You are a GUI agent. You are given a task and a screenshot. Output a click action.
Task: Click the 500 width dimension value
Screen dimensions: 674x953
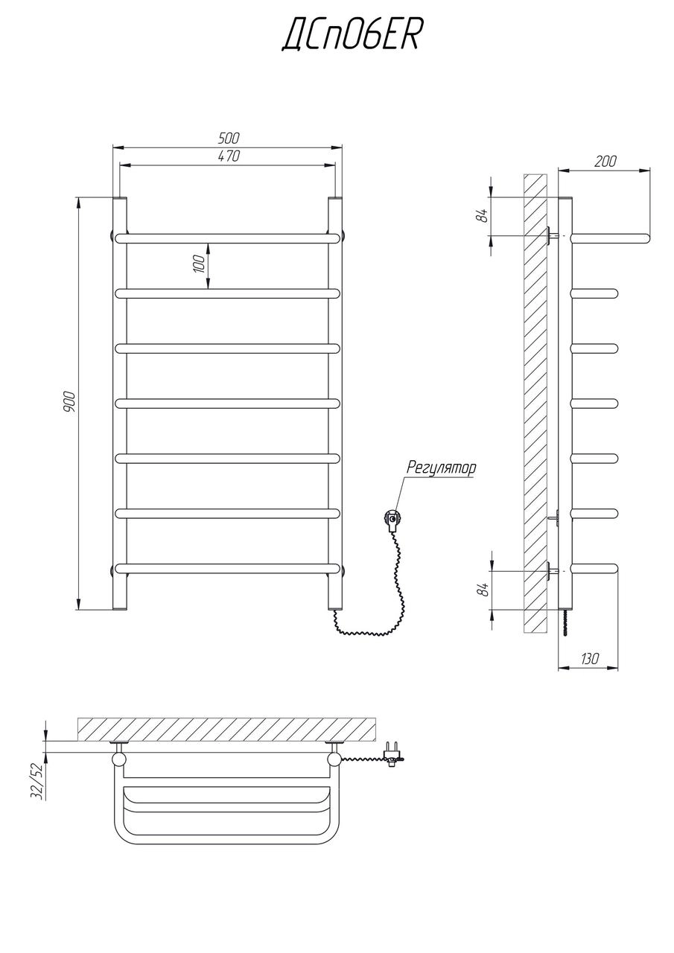coord(229,138)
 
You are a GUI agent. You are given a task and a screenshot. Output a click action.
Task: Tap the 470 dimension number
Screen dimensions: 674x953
coord(229,156)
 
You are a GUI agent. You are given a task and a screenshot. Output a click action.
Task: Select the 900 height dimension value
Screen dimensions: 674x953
coord(69,401)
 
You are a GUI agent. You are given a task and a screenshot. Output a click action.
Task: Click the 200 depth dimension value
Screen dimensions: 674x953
coord(605,162)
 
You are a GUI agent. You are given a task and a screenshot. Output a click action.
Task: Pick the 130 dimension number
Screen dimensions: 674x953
coord(589,659)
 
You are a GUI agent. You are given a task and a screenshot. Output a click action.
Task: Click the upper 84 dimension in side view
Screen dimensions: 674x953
coord(482,215)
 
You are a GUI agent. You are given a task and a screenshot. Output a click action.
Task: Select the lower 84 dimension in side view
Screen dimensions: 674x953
coord(482,590)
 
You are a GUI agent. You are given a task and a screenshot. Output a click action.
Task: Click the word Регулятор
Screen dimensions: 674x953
coord(441,468)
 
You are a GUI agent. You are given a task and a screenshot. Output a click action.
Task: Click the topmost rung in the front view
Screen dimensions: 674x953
coord(227,238)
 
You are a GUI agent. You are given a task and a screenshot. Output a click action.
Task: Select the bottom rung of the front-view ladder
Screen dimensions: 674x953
coord(227,569)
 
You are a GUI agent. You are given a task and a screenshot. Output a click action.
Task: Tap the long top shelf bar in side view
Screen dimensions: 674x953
coord(610,238)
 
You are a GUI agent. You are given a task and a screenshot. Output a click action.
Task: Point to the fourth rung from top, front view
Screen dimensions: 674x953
coord(227,403)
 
